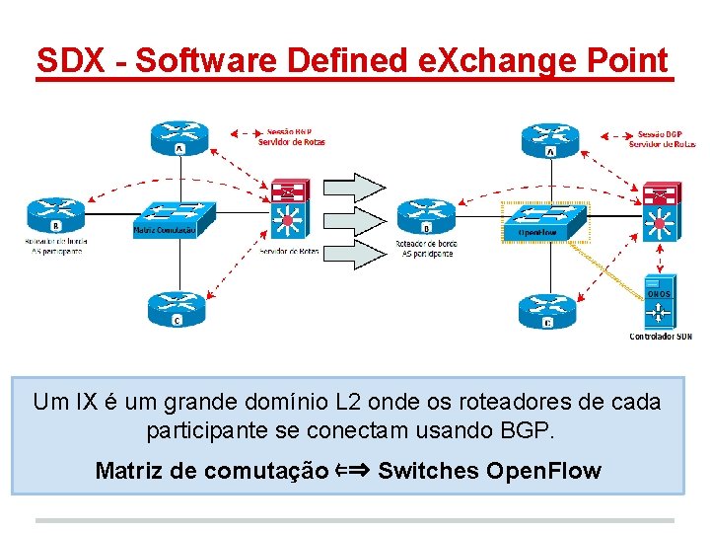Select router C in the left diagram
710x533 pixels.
[x=177, y=309]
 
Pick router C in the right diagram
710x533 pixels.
[x=547, y=309]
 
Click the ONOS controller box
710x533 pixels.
[x=659, y=304]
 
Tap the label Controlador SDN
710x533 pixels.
[x=661, y=337]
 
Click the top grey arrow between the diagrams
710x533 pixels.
[x=355, y=187]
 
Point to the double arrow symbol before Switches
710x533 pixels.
[x=354, y=470]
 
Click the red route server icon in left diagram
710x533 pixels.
[x=290, y=190]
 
